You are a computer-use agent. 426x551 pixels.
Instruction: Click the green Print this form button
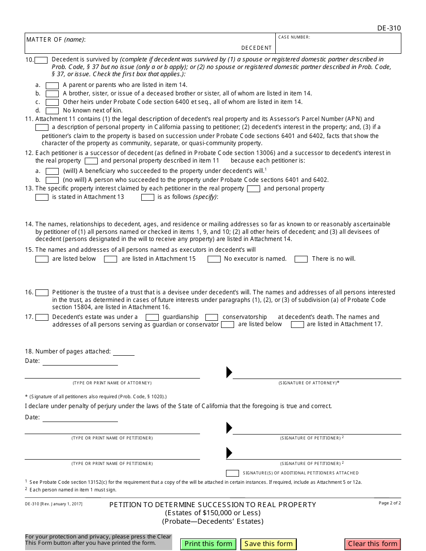pos(209,544)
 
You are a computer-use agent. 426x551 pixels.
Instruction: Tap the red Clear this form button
pos(373,544)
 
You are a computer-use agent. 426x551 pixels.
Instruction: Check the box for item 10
pos(41,60)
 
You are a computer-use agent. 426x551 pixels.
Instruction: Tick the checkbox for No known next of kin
pos(52,111)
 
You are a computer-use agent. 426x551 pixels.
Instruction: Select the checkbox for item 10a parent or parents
pos(52,85)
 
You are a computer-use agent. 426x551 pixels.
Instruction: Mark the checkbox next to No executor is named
pos(214,259)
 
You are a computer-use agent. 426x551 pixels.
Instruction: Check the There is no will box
pos(301,259)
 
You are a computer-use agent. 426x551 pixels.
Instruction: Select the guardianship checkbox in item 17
pos(152,317)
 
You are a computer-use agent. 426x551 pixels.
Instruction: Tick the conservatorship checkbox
pos(212,317)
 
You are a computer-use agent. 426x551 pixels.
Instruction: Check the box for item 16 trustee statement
pos(42,293)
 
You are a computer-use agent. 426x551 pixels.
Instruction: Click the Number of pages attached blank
pos(123,352)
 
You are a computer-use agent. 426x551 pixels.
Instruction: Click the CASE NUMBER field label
pos(294,37)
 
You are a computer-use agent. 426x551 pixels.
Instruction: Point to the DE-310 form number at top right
pos(389,28)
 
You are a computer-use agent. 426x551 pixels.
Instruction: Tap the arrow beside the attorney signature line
pos(229,372)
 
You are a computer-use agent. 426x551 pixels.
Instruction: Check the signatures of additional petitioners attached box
pos(232,473)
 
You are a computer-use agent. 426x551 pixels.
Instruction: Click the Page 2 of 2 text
pos(390,503)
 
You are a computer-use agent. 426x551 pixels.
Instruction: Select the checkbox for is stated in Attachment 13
pos(42,197)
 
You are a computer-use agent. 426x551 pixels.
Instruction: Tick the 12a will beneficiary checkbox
pos(52,171)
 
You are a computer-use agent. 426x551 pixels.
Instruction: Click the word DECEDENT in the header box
pos(256,48)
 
